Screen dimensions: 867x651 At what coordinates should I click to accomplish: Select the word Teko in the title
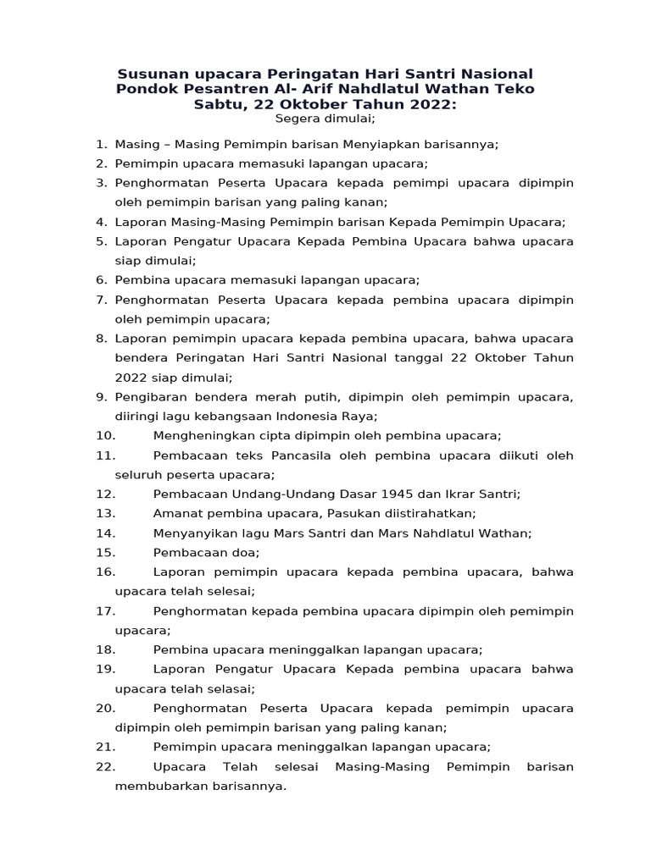pyautogui.click(x=516, y=89)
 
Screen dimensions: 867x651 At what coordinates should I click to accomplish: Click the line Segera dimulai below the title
pyautogui.click(x=325, y=119)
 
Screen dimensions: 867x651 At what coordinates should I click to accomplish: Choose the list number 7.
pyautogui.click(x=101, y=300)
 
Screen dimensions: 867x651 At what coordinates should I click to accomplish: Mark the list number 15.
pyautogui.click(x=105, y=552)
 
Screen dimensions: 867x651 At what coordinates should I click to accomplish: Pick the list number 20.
pyautogui.click(x=105, y=708)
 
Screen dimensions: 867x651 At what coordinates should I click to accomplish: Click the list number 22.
pyautogui.click(x=105, y=766)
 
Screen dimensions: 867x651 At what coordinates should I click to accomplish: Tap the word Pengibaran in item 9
pyautogui.click(x=148, y=397)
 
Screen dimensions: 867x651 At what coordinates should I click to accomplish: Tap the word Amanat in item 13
pyautogui.click(x=177, y=513)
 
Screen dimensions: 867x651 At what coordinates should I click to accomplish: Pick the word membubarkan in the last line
pyautogui.click(x=155, y=786)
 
